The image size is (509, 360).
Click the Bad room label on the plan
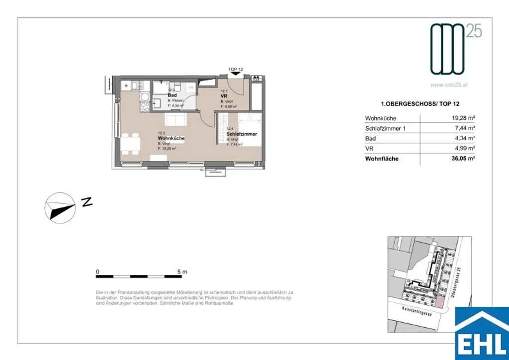coord(172,95)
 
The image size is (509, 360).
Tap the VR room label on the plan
coord(224,95)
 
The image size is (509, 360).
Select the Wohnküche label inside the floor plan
coord(171,138)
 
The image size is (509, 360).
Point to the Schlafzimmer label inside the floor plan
coord(242,134)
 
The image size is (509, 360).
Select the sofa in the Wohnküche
coord(175,119)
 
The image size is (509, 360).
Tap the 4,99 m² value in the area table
coord(464,148)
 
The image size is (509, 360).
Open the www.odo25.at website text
coord(449,85)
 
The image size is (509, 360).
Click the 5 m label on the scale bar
coord(182,272)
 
